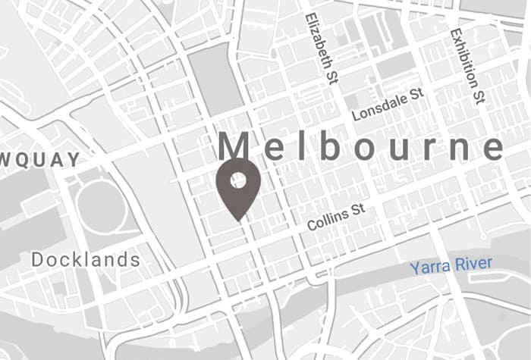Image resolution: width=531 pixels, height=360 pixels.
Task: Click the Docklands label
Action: pyautogui.click(x=86, y=260)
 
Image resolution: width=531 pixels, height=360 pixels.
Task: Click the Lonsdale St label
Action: pyautogui.click(x=387, y=105)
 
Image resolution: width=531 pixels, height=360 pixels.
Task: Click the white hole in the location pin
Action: pyautogui.click(x=238, y=180)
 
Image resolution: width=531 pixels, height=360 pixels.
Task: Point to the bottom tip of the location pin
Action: pyautogui.click(x=238, y=221)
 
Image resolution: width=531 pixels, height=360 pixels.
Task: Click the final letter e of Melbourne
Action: pyautogui.click(x=493, y=149)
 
